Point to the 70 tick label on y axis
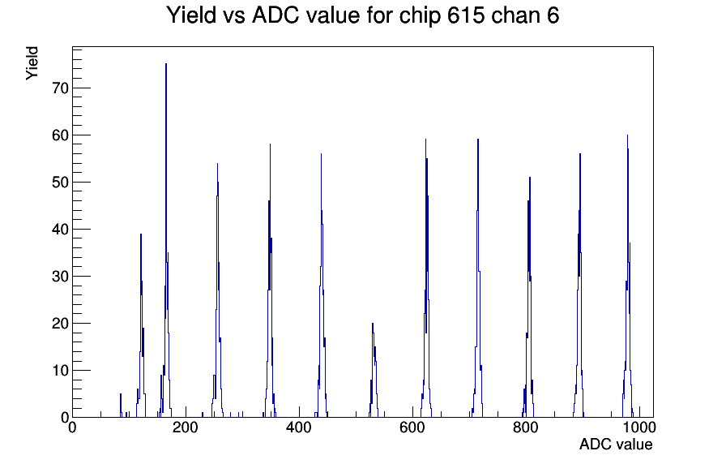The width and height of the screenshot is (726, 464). coord(60,88)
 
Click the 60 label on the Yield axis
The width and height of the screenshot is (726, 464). coord(60,135)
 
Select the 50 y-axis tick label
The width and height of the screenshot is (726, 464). coord(60,183)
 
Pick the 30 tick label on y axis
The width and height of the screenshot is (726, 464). coord(60,277)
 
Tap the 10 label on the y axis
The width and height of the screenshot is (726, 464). coord(60,371)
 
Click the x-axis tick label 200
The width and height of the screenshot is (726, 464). coord(186,427)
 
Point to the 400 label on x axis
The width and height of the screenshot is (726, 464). coord(299,427)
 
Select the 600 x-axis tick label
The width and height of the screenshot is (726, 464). coord(412,427)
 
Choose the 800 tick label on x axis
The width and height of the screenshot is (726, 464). coord(526,427)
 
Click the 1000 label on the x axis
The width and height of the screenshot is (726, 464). coord(639,427)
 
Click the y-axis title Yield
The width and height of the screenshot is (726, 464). coord(32,63)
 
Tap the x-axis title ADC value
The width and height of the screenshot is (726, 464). coord(616,445)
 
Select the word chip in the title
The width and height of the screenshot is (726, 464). coord(420,16)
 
